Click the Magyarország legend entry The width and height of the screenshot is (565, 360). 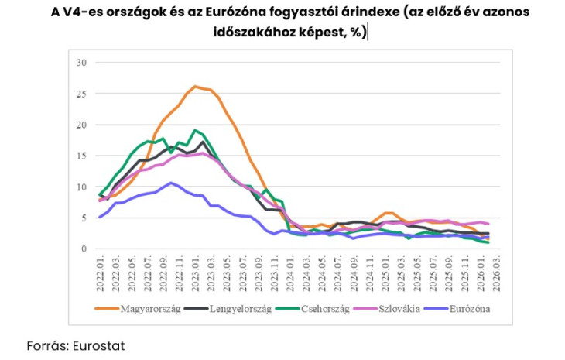coord(150,310)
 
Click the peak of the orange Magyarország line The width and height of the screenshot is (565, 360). coord(195,86)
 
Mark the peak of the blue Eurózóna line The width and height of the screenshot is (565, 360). coord(171,183)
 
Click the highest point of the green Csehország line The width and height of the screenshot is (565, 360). coord(195,130)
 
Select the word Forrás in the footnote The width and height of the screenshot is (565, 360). coord(43,345)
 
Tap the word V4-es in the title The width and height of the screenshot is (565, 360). coord(84,13)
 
